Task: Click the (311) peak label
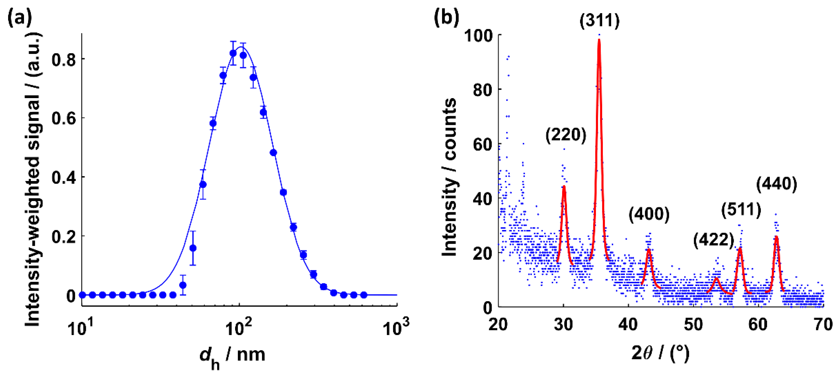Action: click(599, 21)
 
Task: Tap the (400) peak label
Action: click(649, 214)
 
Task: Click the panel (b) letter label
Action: click(446, 17)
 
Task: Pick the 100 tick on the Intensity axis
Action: click(478, 35)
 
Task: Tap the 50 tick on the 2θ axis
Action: click(693, 324)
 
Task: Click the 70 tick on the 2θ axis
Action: click(823, 324)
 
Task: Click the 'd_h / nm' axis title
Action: click(232, 356)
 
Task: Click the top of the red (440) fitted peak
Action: click(776, 237)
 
